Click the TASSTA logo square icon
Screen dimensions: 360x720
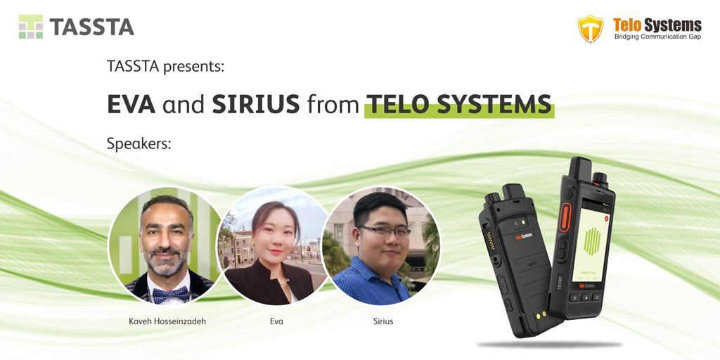tap(31, 27)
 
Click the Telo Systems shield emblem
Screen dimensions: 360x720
tap(590, 28)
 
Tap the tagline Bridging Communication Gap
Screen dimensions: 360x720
tap(657, 37)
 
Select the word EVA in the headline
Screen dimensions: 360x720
tap(131, 104)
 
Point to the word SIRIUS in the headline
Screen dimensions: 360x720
tap(256, 104)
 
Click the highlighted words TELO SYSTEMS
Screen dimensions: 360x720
tap(459, 104)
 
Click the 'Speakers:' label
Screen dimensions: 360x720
tap(139, 144)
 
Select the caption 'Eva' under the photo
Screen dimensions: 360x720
tap(275, 321)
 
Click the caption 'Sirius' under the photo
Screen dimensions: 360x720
tap(383, 321)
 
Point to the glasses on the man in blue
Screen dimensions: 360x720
tap(385, 231)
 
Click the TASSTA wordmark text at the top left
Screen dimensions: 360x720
tap(91, 27)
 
